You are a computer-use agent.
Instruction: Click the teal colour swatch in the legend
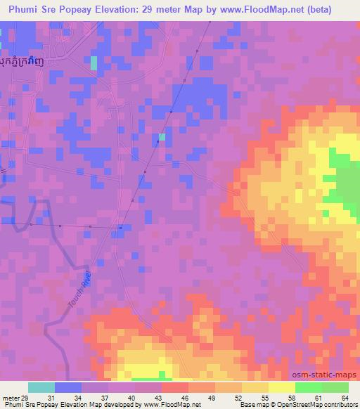(41, 387)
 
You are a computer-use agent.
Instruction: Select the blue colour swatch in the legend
(68, 387)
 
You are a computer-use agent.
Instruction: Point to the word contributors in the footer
(340, 405)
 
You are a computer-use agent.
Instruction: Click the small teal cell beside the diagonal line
(162, 137)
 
